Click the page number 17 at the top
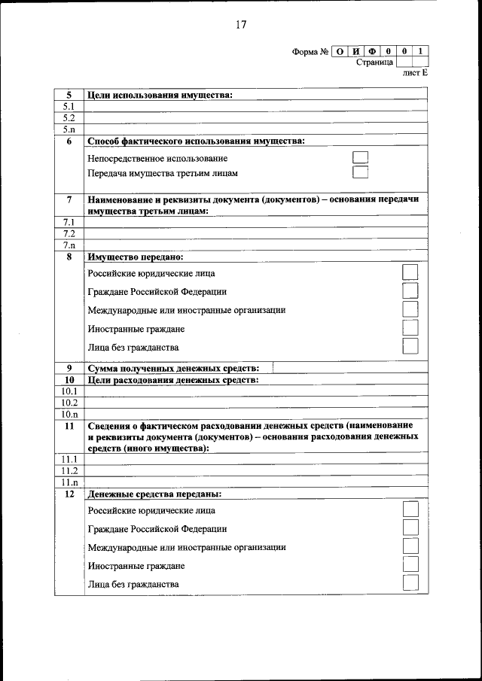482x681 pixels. (240, 24)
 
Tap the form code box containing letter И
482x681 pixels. (356, 52)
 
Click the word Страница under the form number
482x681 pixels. (374, 62)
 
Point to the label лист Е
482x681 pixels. (415, 73)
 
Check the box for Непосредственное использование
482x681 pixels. (361, 158)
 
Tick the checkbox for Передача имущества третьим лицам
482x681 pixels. (361, 173)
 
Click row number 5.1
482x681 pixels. (69, 107)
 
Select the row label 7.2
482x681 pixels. (69, 234)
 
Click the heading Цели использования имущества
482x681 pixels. (160, 96)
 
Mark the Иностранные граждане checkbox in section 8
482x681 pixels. (410, 328)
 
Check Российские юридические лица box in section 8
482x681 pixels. (410, 272)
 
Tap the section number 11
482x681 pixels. (69, 425)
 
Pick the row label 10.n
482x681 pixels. (69, 414)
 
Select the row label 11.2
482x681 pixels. (69, 470)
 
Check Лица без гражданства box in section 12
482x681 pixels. (410, 583)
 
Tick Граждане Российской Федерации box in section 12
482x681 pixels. (410, 528)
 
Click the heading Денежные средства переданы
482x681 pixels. (154, 494)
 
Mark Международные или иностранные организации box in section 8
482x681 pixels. (410, 309)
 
